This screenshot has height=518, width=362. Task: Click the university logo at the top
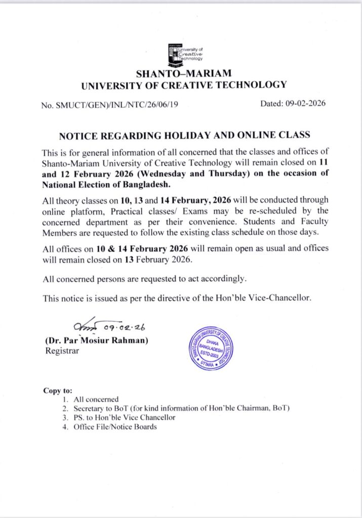[184, 53]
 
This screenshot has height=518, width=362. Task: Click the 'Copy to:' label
[58, 391]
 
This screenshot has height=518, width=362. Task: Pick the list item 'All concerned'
[96, 399]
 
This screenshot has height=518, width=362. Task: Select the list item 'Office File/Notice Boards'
[115, 426]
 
